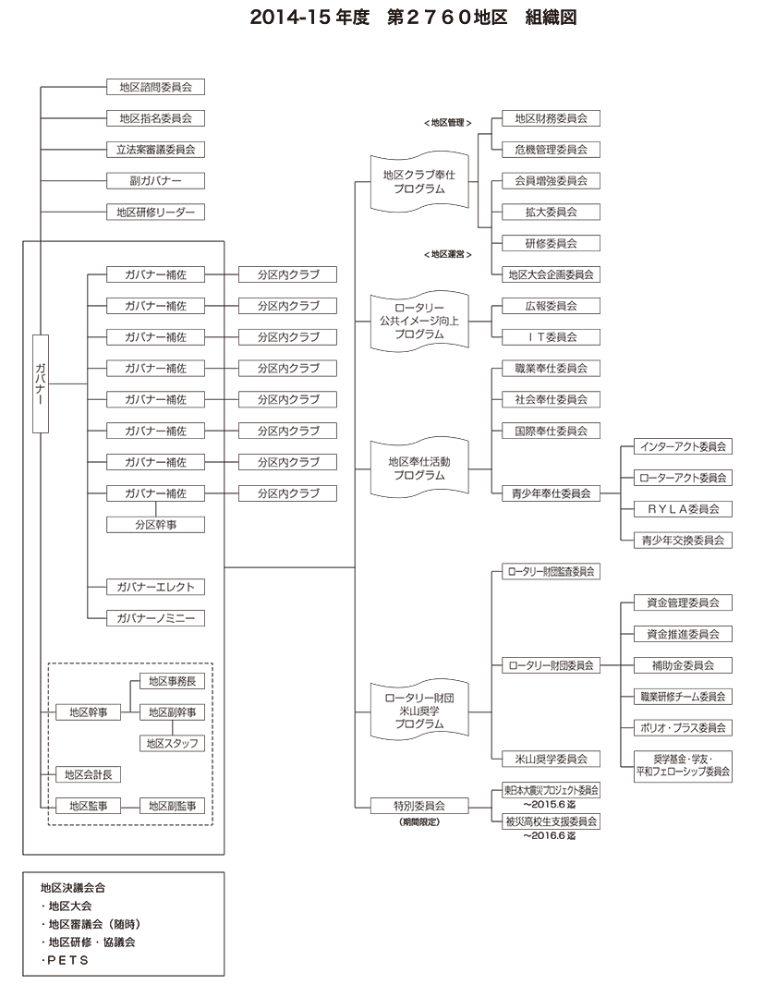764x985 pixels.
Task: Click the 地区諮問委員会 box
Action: click(155, 87)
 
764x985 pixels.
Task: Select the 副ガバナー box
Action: click(155, 180)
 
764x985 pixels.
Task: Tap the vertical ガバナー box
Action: click(40, 383)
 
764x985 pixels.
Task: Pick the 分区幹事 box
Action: click(155, 524)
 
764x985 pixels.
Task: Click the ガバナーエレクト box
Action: click(155, 587)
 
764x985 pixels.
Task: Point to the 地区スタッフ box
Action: click(173, 743)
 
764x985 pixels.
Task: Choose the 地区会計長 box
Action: click(88, 774)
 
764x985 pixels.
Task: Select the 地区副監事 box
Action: click(173, 806)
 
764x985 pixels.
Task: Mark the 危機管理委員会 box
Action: click(552, 149)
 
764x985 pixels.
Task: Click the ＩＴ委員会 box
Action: click(552, 336)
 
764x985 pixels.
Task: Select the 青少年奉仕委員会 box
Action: click(552, 493)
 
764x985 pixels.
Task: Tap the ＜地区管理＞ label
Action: click(448, 122)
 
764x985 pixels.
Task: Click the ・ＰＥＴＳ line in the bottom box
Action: click(66, 961)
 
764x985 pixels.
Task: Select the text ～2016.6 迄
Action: click(549, 835)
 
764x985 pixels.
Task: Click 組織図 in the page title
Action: click(551, 18)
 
